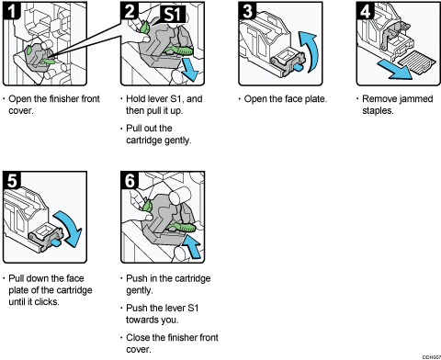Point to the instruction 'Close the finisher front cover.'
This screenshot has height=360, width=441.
point(167,342)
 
